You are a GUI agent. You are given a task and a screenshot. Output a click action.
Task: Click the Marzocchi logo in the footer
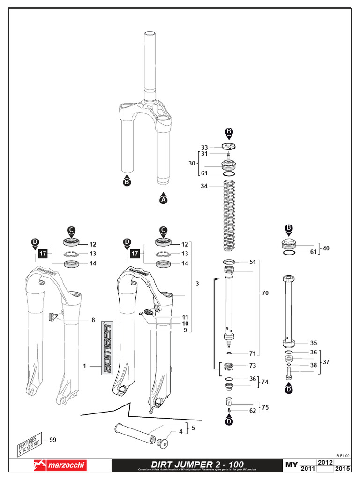click(x=59, y=465)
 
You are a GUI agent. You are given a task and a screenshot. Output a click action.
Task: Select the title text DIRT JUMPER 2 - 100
click(x=197, y=464)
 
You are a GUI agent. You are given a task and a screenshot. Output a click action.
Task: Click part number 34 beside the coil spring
click(x=204, y=186)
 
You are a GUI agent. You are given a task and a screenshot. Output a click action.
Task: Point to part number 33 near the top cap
click(x=204, y=147)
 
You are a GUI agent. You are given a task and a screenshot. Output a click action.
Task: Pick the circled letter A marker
click(x=163, y=200)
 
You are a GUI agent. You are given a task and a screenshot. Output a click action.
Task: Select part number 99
click(x=52, y=439)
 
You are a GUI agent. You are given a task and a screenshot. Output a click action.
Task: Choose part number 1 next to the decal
click(x=85, y=366)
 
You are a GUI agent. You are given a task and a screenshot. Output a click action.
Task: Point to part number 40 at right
click(x=326, y=248)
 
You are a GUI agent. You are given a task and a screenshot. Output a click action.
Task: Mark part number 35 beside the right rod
click(x=314, y=343)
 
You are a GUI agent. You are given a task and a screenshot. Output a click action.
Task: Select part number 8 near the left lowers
click(x=93, y=320)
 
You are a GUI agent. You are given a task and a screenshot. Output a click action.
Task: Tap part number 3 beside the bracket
click(x=197, y=284)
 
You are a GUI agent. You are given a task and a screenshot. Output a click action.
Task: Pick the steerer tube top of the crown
click(x=150, y=61)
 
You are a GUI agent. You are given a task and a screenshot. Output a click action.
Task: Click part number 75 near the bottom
click(x=265, y=407)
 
